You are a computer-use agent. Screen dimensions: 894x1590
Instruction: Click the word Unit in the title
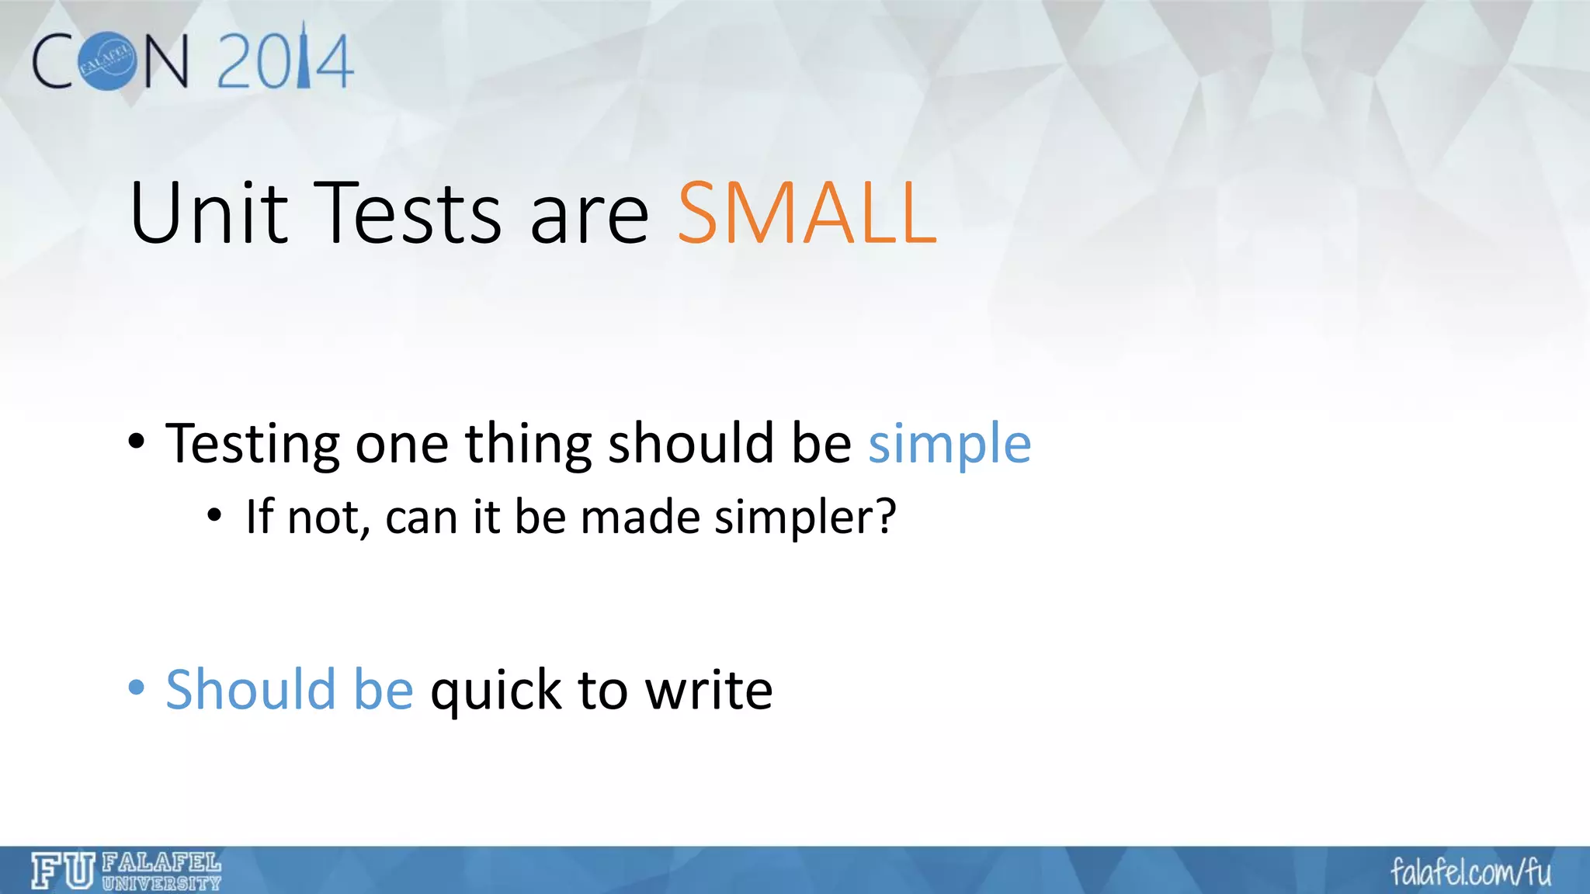208,213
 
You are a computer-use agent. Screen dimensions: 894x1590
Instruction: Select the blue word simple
949,445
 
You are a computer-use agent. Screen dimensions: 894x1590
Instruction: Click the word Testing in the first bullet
252,445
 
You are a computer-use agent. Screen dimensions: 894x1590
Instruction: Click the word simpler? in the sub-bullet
805,518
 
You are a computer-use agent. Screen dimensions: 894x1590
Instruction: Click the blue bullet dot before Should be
137,688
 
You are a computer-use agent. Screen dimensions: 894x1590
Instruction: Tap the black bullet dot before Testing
137,442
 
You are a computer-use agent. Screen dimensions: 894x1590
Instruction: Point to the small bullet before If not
215,515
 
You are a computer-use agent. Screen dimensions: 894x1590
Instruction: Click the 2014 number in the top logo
284,61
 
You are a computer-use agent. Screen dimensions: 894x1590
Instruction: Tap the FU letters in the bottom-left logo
63,871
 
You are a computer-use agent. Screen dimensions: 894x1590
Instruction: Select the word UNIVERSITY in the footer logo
161,883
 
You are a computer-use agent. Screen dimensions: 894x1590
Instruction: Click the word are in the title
588,213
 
